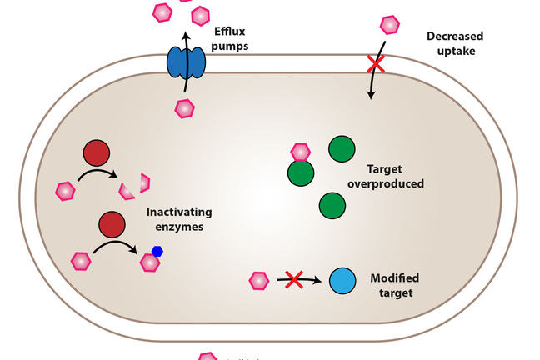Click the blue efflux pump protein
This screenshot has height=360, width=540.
coord(187,62)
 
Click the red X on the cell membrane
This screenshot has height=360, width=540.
coord(377,63)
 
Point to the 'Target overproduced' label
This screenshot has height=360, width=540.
coord(395,177)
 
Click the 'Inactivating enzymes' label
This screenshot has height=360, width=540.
coord(180,219)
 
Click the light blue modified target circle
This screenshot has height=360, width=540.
coord(342,281)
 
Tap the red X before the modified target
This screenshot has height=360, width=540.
coord(293,280)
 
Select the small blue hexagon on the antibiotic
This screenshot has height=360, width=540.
coord(157,250)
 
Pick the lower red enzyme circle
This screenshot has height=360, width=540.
coord(112,225)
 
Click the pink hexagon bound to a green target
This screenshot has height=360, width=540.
coord(300,152)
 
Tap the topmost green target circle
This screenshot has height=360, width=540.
coord(342,149)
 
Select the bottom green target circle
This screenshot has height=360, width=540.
coord(332,205)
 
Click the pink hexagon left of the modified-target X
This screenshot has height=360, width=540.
coord(259,280)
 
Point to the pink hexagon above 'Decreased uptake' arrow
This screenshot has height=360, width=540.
coord(389,25)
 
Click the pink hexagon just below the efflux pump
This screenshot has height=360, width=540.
coord(184,107)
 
